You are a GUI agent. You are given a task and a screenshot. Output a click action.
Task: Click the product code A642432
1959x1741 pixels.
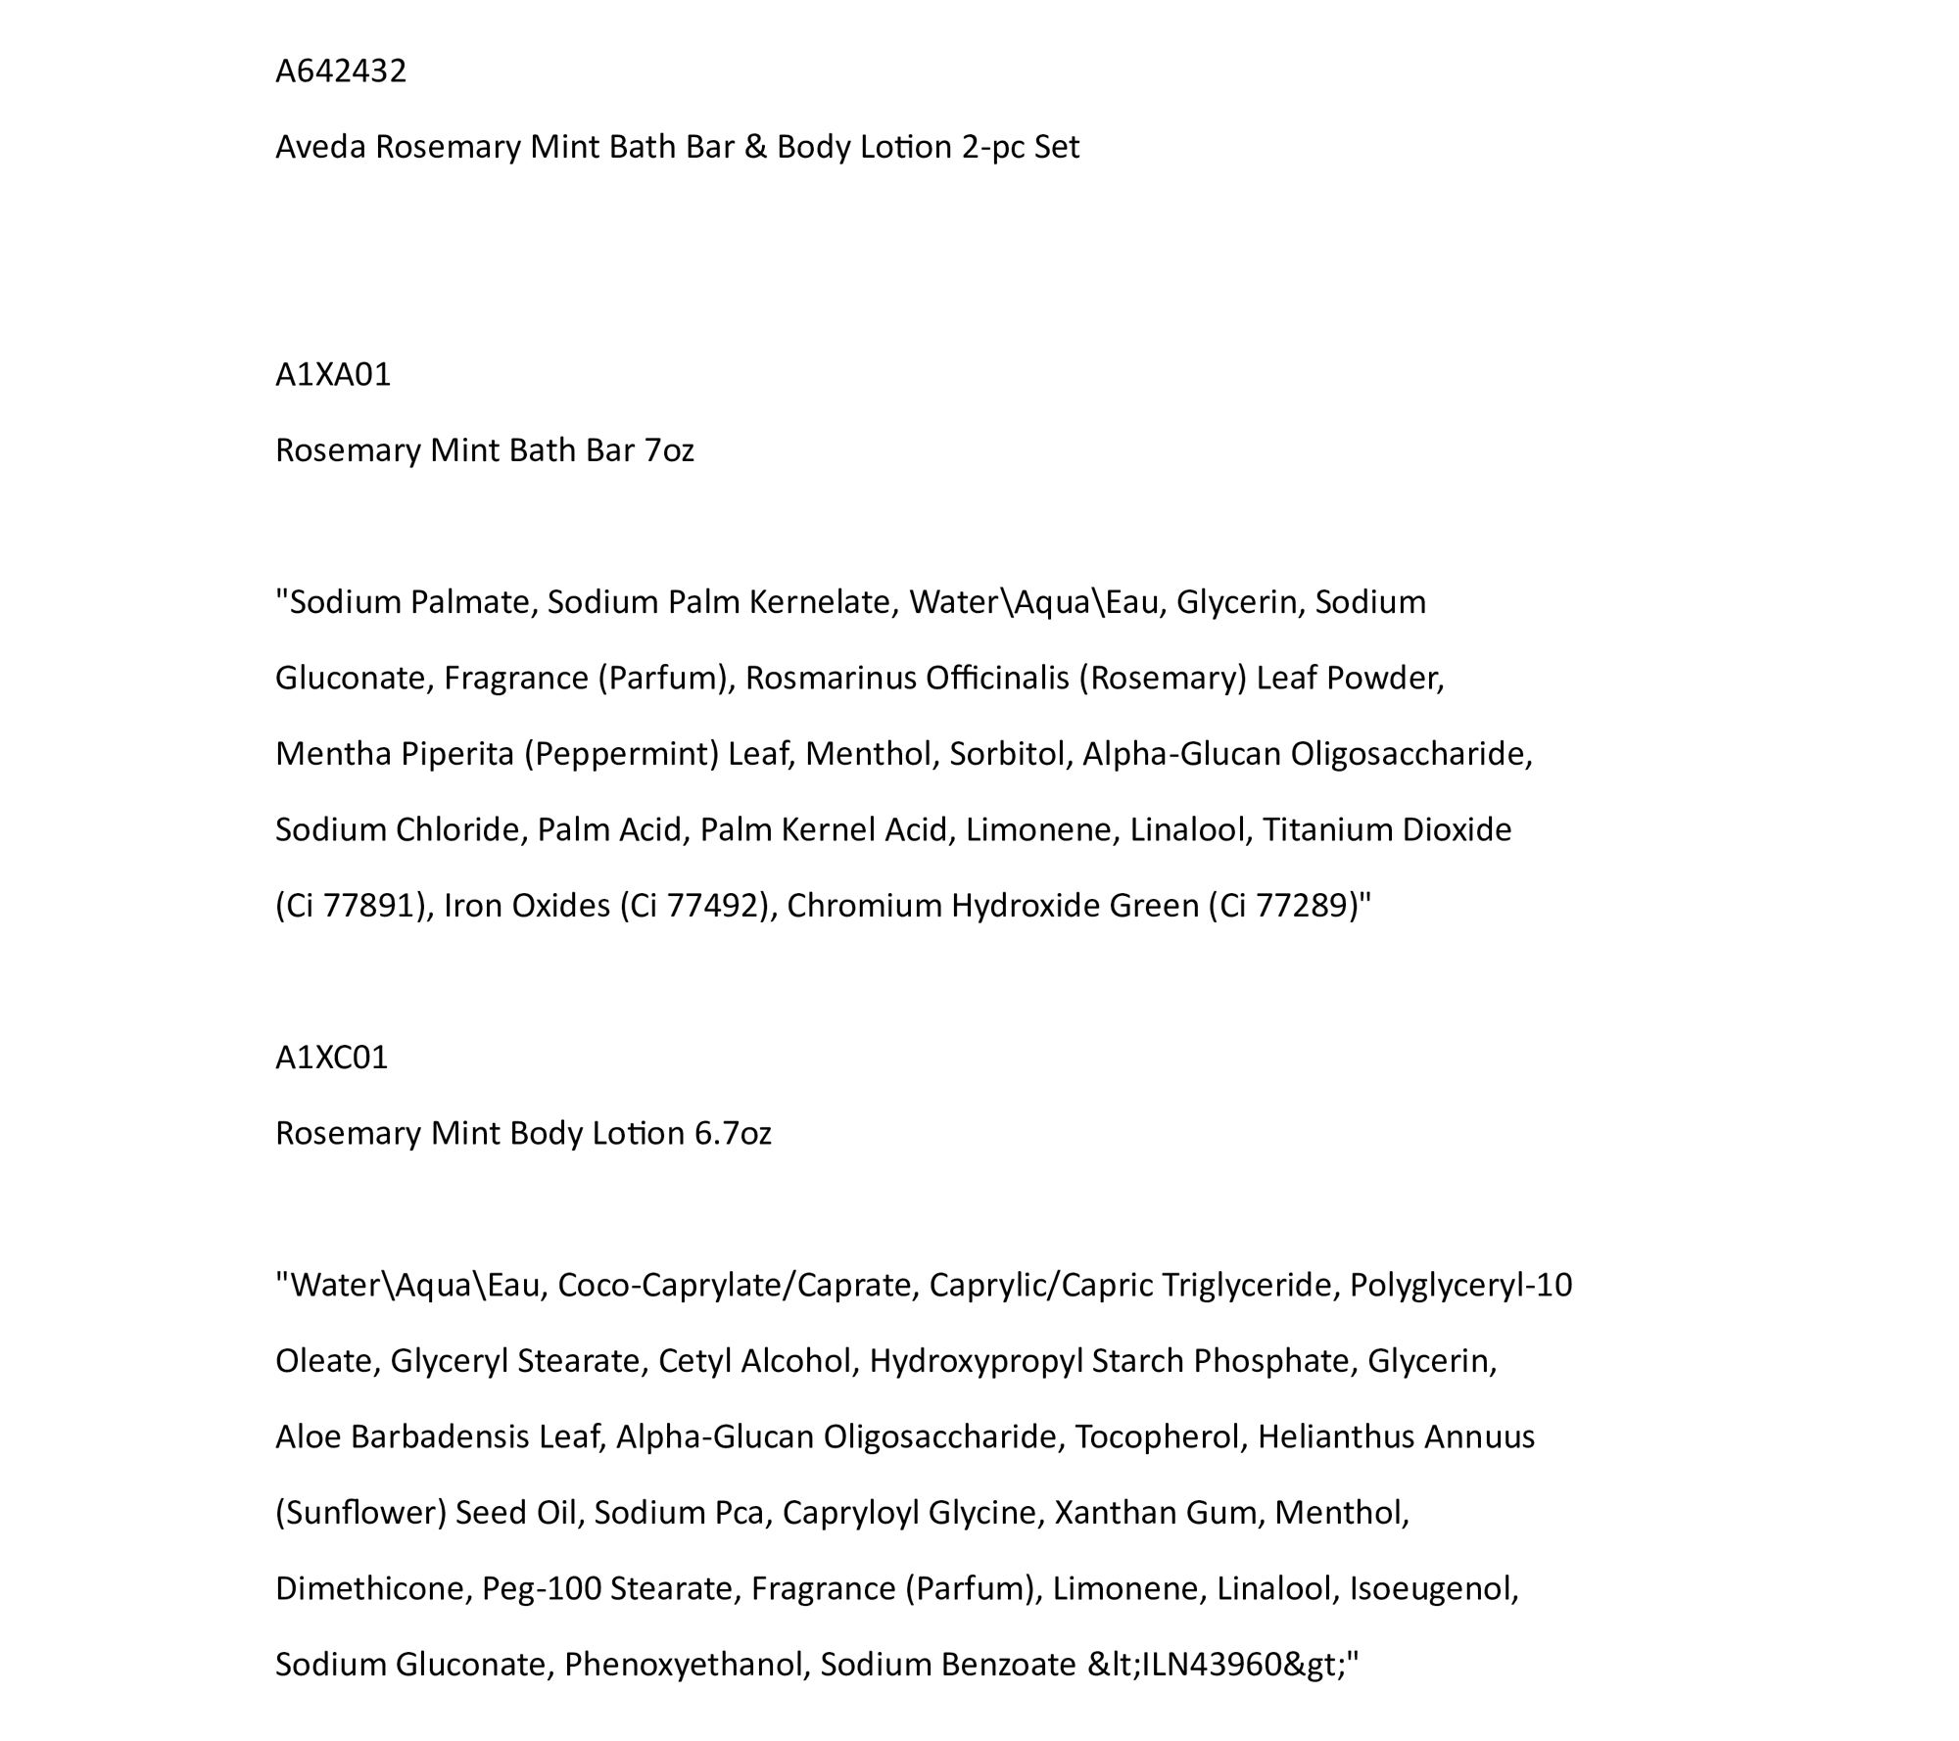340,71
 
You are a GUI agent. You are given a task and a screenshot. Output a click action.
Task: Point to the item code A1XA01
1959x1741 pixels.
333,375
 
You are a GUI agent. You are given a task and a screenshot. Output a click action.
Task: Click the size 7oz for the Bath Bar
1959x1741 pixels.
669,450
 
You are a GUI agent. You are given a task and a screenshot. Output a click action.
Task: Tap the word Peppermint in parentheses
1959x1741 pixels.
622,754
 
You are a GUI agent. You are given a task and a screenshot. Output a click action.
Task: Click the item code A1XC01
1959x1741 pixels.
332,1058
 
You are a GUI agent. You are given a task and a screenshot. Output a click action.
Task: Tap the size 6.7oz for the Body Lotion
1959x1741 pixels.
733,1133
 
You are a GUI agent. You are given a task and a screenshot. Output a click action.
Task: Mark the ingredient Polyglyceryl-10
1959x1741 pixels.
1460,1285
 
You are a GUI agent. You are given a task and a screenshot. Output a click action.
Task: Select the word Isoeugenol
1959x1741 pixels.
1433,1588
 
